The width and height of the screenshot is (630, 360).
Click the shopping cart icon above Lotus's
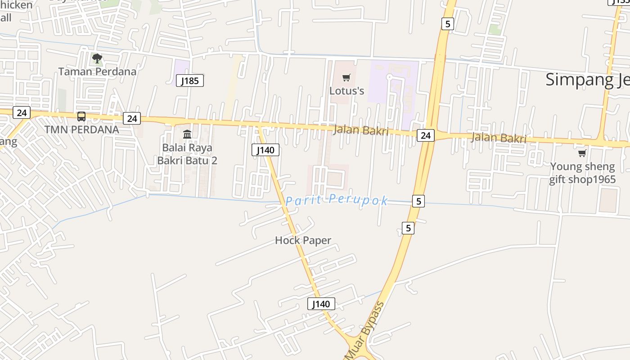(x=346, y=78)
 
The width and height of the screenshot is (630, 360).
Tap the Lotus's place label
(x=346, y=90)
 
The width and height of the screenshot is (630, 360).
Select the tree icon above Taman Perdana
(x=97, y=58)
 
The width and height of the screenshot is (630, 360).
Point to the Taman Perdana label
(x=97, y=71)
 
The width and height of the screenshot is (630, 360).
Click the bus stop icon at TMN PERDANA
(x=81, y=117)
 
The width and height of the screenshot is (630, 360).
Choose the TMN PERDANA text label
(x=81, y=130)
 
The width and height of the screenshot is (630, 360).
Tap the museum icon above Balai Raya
(x=187, y=134)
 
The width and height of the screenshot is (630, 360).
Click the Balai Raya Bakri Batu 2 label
(x=187, y=154)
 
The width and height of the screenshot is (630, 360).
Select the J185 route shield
(x=190, y=81)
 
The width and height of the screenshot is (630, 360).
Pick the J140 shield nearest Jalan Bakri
(x=265, y=150)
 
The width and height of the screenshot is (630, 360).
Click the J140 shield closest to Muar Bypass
(x=321, y=304)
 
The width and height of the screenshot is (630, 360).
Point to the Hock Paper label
(x=303, y=240)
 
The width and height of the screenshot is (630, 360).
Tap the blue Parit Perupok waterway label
(x=337, y=200)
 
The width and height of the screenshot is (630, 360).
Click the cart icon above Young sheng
(x=582, y=153)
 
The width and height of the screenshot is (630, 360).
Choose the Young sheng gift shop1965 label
(x=582, y=173)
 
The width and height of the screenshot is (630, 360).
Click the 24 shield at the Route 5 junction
(x=425, y=135)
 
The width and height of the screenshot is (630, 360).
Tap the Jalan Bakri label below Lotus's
(x=361, y=130)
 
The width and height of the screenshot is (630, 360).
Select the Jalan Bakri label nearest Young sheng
(x=499, y=138)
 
